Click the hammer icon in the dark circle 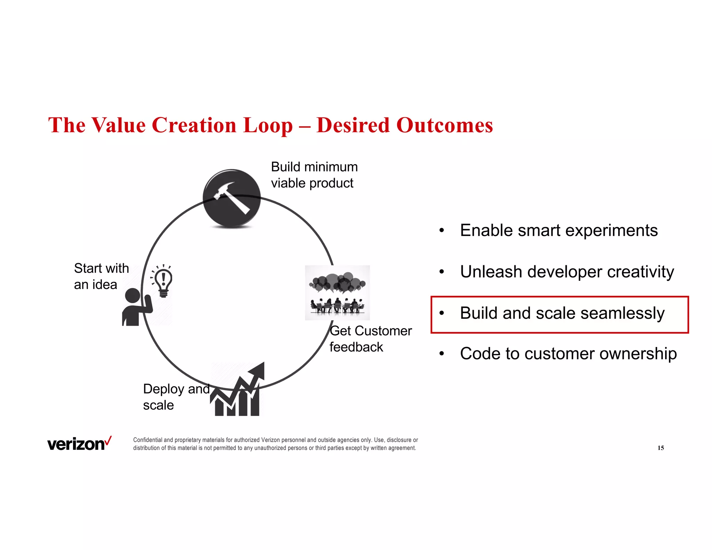point(232,198)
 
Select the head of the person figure point(132,296)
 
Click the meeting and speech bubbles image point(337,292)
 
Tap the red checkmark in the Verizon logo point(108,440)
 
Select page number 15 point(661,448)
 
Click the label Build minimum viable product point(314,175)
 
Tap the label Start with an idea point(101,276)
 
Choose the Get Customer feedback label point(370,339)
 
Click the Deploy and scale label point(176,397)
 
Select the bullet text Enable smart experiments point(559,230)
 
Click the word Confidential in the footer point(148,440)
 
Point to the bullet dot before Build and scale point(442,313)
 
